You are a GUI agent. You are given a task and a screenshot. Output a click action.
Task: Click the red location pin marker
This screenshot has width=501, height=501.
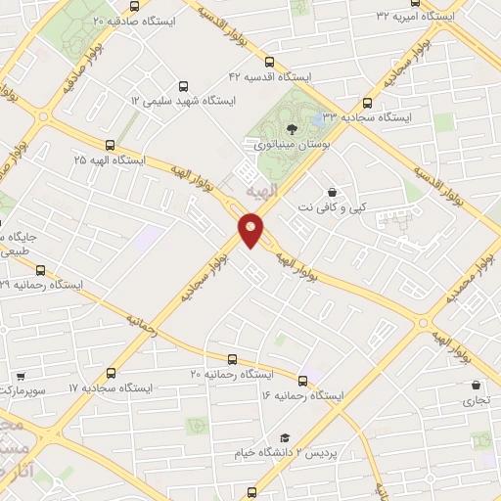[251, 230]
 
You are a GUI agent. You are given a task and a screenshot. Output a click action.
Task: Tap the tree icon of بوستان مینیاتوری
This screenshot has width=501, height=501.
[291, 127]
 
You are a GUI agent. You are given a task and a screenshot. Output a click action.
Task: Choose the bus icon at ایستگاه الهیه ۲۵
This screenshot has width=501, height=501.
[109, 143]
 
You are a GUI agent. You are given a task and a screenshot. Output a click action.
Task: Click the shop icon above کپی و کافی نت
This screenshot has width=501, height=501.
[334, 192]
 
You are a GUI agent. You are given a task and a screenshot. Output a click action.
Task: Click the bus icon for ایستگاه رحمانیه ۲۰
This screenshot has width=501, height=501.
[232, 359]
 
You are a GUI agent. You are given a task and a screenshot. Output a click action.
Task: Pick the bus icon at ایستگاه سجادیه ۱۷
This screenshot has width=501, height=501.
[110, 373]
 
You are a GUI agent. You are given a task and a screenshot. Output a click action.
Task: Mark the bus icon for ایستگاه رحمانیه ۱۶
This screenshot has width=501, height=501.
[301, 381]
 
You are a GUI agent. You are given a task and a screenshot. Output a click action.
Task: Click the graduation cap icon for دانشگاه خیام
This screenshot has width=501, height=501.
[285, 437]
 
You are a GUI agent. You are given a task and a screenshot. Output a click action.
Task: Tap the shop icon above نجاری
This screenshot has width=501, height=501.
[476, 385]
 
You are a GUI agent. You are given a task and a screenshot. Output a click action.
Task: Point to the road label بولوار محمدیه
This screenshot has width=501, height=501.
[469, 282]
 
